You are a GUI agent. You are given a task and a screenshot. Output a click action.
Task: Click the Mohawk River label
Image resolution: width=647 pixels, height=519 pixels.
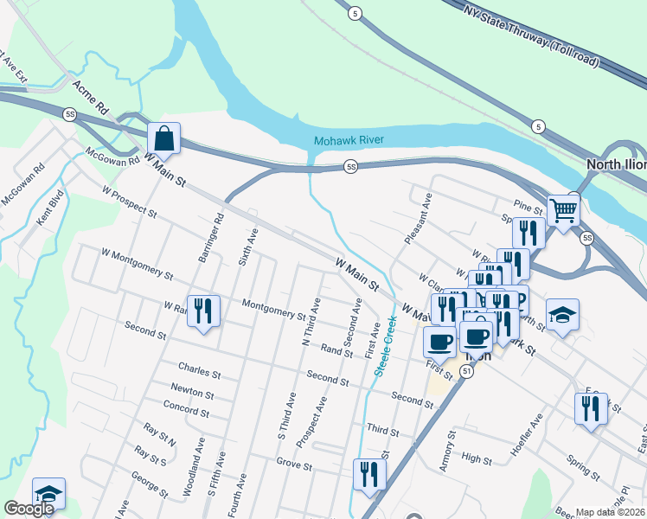click(349, 140)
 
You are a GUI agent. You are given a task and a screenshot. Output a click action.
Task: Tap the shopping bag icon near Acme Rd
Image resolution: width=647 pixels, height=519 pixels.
click(163, 138)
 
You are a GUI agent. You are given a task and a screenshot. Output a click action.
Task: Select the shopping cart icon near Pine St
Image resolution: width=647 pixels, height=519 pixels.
click(563, 209)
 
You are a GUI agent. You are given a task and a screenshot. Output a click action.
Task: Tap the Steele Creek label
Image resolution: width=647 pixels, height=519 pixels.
click(385, 345)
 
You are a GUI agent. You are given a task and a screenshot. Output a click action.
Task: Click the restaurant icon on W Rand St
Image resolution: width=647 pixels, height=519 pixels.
click(203, 311)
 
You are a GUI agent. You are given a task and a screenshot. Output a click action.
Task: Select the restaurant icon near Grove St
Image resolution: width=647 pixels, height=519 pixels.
click(369, 473)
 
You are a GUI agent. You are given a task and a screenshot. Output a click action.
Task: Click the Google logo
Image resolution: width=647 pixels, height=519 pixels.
click(29, 509)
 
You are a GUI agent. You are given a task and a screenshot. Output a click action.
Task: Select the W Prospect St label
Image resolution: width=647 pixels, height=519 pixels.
click(129, 200)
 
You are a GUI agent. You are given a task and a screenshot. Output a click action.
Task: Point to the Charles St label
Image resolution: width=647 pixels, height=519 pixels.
click(200, 372)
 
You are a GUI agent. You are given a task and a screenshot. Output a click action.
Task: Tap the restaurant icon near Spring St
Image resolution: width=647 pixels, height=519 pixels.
click(591, 407)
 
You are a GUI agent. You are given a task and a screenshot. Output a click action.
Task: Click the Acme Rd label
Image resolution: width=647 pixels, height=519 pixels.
click(94, 97)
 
